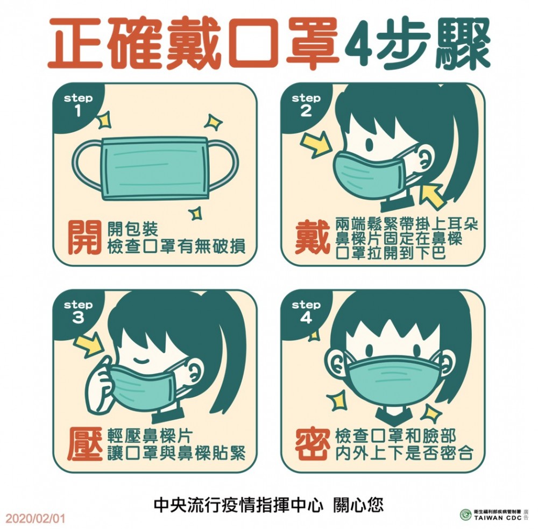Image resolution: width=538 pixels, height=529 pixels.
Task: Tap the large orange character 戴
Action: [313, 237]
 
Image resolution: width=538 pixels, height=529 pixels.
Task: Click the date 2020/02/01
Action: [36, 518]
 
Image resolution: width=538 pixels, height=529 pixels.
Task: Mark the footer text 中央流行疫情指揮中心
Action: [239, 505]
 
